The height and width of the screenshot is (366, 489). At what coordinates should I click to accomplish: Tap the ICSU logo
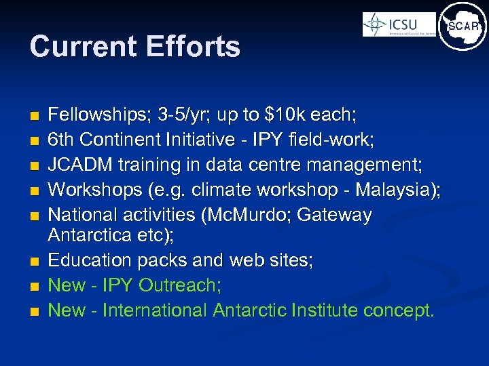click(399, 25)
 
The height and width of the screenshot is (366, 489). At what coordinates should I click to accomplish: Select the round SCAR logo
click(463, 26)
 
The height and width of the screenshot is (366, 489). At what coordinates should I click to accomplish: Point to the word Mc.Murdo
click(245, 216)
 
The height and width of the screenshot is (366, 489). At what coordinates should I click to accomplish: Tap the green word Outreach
click(179, 286)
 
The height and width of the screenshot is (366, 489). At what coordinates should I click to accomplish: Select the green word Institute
click(325, 310)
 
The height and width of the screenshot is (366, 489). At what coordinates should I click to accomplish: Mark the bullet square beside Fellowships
click(34, 116)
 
